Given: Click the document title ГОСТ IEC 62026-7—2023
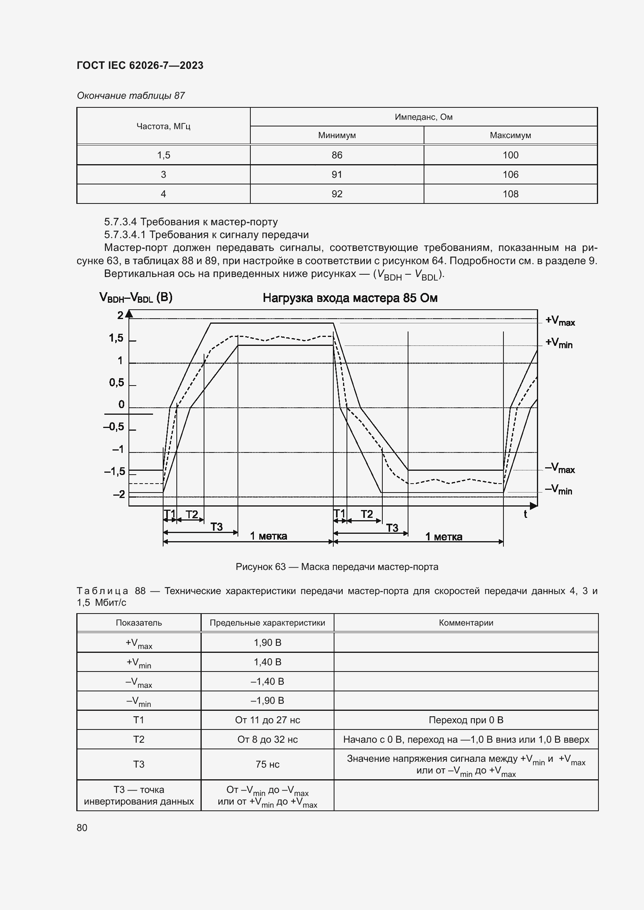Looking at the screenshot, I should tap(140, 65).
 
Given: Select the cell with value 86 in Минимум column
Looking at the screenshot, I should tap(337, 155).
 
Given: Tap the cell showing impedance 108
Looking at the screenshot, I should tap(510, 194).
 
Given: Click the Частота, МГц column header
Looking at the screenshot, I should tap(164, 126).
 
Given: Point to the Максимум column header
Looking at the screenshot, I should tap(510, 135).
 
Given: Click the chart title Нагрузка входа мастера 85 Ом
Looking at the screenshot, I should tap(350, 298).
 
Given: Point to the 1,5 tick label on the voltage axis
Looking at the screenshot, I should tap(116, 338).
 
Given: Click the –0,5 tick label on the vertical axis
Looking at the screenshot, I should tap(114, 427).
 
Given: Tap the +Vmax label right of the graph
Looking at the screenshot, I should tap(560, 321).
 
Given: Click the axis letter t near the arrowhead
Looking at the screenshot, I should tap(525, 515).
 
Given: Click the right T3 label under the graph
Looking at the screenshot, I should tap(392, 528).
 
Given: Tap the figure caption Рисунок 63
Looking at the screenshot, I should tap(337, 567).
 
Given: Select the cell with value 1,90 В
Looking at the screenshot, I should tap(267, 642).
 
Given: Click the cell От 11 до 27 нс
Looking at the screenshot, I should tap(267, 720).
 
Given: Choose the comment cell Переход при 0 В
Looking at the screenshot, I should tap(466, 720).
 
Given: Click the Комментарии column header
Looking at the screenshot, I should tap(466, 622).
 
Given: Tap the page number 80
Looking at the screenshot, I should tap(82, 828).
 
